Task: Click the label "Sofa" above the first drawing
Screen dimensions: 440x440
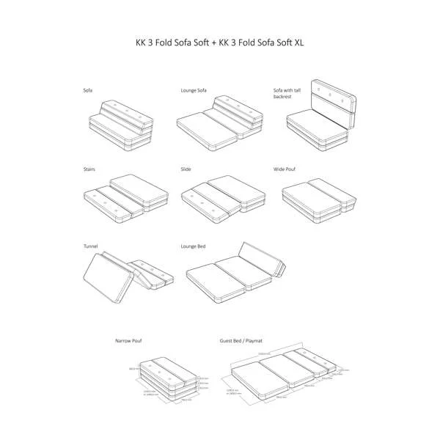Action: click(x=88, y=90)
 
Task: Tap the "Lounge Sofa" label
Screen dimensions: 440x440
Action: click(x=194, y=90)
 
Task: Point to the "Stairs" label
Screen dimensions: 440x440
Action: click(x=89, y=169)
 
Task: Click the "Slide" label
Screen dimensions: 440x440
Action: click(x=186, y=169)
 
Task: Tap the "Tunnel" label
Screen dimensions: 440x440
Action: click(x=91, y=246)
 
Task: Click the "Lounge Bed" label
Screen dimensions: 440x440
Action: click(x=193, y=246)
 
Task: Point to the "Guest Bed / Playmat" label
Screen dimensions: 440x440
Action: click(x=243, y=342)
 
